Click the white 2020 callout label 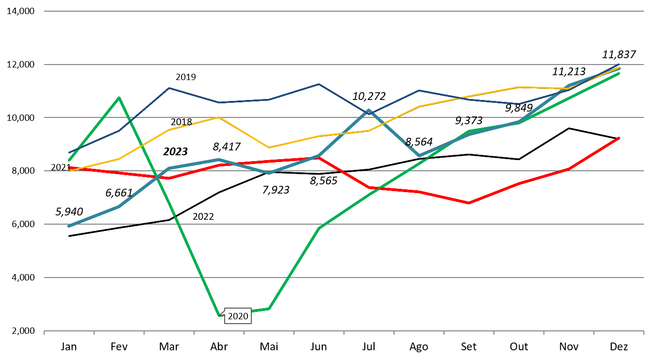[x=238, y=316]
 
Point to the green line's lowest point [x=219, y=316]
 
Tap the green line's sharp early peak [x=119, y=98]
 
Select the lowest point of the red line [x=469, y=203]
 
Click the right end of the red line [x=619, y=138]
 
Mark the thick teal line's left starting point [x=69, y=226]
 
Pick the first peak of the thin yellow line [x=219, y=117]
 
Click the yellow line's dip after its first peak [x=269, y=147]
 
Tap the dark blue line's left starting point [x=69, y=152]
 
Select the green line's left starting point [x=69, y=160]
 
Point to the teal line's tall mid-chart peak [x=369, y=111]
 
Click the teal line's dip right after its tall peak [x=419, y=156]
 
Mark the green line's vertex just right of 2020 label [x=269, y=309]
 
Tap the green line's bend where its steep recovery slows [x=319, y=228]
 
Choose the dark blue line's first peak [x=169, y=88]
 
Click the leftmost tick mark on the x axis [x=44, y=332]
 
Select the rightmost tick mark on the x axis [x=643, y=332]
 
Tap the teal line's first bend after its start [x=119, y=207]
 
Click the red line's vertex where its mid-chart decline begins [x=319, y=158]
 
